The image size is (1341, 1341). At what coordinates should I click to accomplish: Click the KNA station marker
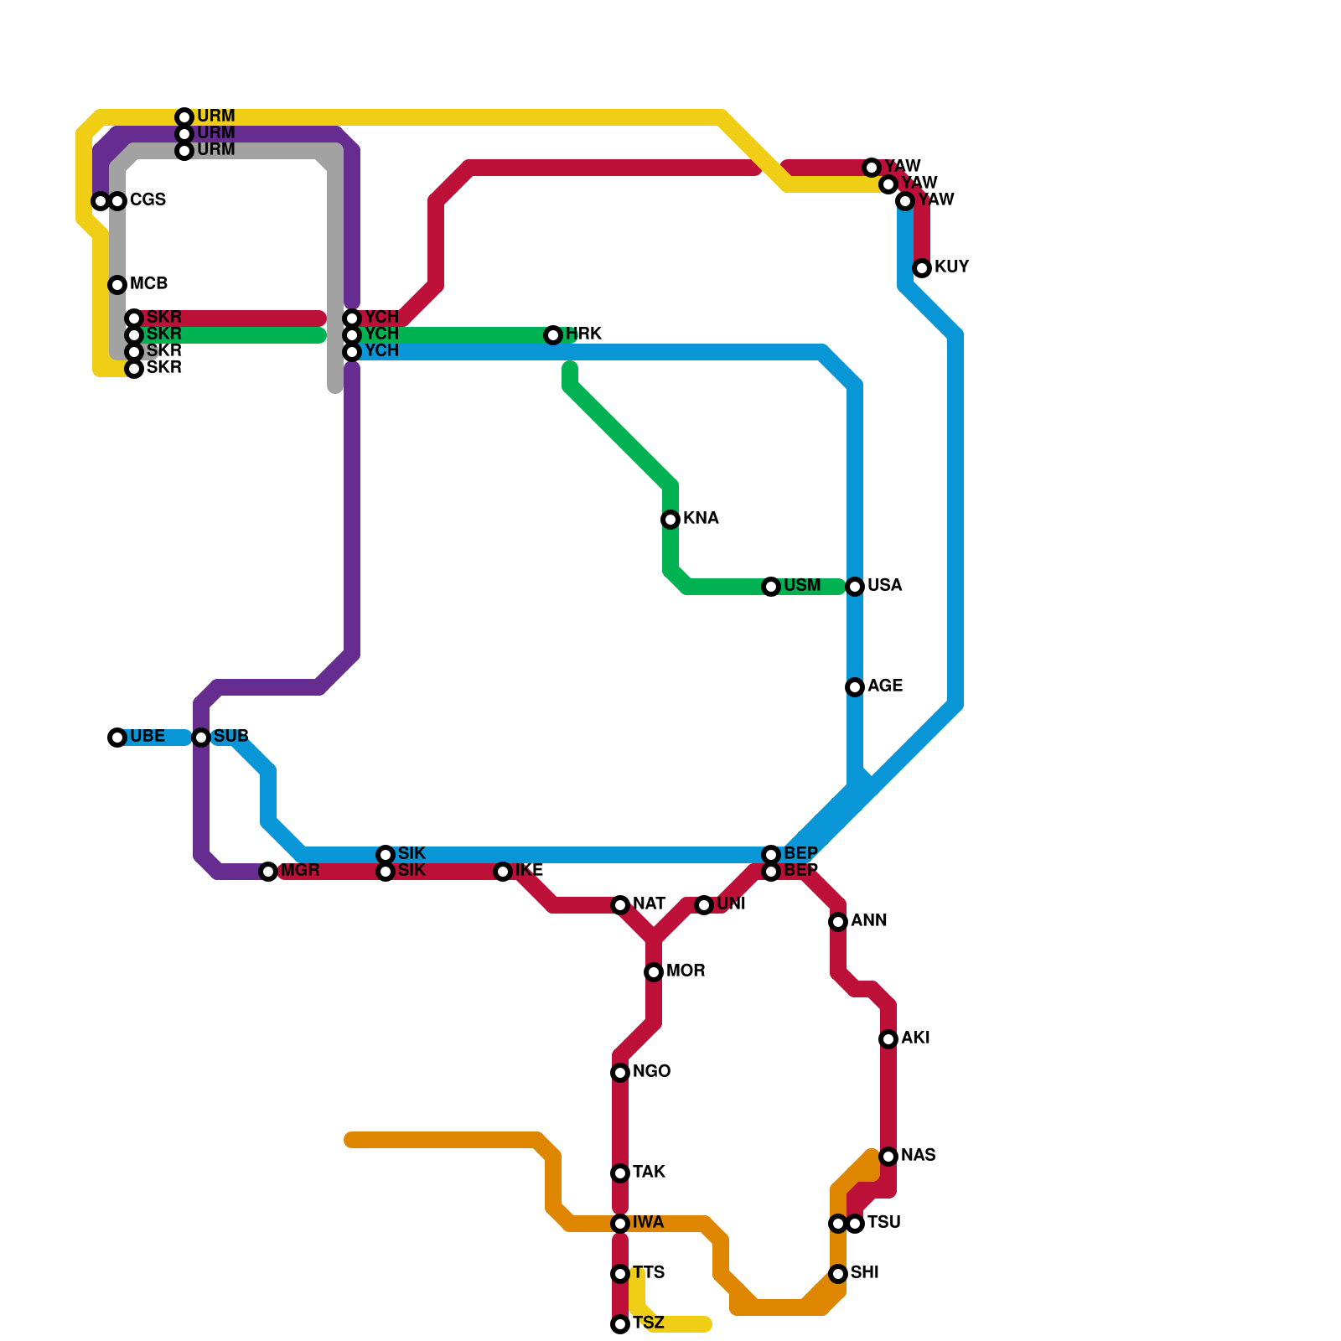point(670,520)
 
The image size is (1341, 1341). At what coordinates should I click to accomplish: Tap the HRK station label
point(583,334)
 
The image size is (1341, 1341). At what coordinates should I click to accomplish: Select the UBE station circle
point(117,738)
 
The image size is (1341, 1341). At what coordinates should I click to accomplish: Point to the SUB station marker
point(201,738)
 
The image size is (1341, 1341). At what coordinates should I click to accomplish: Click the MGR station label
point(300,871)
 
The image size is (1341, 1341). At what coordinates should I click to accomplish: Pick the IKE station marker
point(503,872)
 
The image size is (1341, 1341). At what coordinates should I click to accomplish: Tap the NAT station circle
point(620,905)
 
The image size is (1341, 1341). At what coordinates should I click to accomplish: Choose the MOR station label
point(686,971)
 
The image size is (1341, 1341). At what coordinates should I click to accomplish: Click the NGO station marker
point(620,1073)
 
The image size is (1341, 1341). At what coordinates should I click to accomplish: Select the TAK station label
point(649,1173)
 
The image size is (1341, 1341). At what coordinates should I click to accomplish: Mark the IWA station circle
point(620,1224)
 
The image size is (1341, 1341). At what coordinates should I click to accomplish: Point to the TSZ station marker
point(620,1324)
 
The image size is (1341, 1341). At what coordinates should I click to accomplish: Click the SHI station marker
point(838,1274)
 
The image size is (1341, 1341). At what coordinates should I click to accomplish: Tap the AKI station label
point(915,1038)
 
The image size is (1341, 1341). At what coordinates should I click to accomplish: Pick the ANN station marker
point(838,922)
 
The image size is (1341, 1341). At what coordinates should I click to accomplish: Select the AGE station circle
point(855,687)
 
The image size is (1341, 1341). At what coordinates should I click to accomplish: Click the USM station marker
point(771,587)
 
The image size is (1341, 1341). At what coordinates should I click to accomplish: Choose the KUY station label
point(951,267)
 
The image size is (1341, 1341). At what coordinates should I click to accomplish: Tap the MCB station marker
point(117,285)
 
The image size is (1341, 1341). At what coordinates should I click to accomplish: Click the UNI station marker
point(704,905)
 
